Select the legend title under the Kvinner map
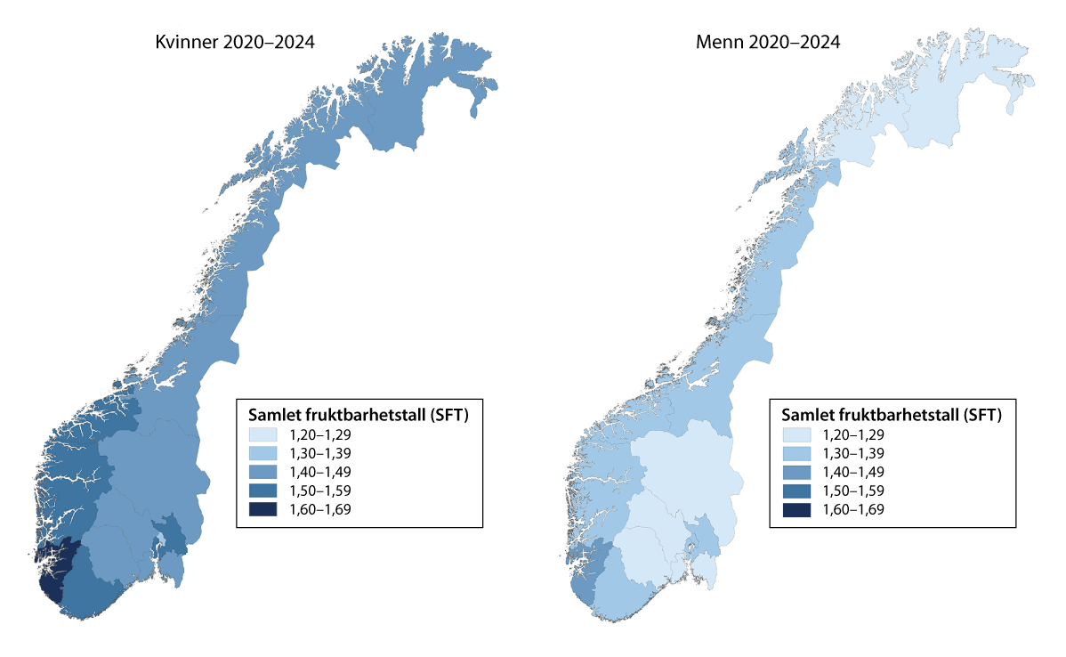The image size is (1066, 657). coord(359,414)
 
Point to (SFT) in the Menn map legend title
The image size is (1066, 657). coord(981,414)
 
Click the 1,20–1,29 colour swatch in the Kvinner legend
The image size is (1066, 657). coord(263,435)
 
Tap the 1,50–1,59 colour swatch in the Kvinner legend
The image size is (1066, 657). coord(263,491)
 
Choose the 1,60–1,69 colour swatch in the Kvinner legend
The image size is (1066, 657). coord(263,509)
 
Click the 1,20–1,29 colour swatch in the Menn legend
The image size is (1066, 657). coord(797,435)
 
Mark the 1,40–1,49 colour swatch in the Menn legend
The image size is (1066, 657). coord(797,472)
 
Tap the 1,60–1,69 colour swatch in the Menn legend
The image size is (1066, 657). coord(797,509)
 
